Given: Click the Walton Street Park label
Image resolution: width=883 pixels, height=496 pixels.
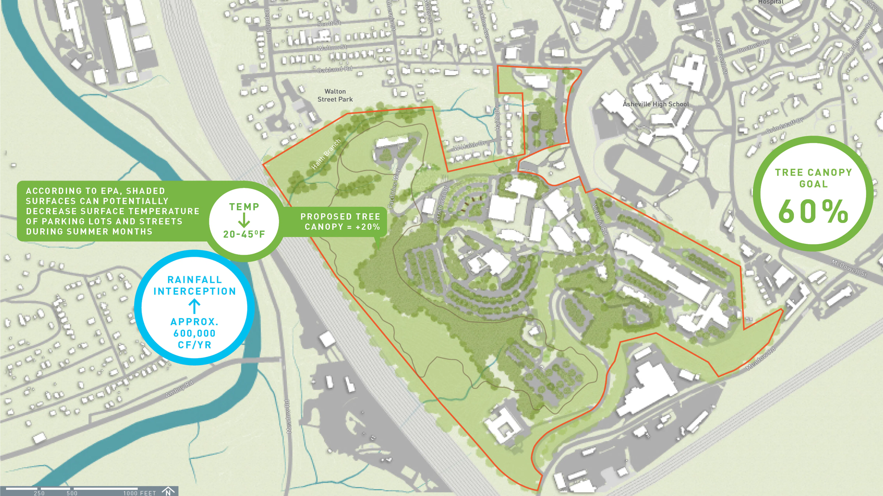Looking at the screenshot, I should pos(335,95).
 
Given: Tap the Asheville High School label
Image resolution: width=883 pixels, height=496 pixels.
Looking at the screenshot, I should pos(655,104).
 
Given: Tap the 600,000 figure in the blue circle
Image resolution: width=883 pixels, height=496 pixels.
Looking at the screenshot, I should pos(194,333).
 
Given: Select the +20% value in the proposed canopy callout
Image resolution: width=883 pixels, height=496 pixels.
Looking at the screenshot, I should pos(368,227).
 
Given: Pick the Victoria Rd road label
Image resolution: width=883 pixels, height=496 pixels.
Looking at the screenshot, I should pos(600,219).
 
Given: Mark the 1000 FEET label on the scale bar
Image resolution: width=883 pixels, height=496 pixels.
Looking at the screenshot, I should pos(139,493).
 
